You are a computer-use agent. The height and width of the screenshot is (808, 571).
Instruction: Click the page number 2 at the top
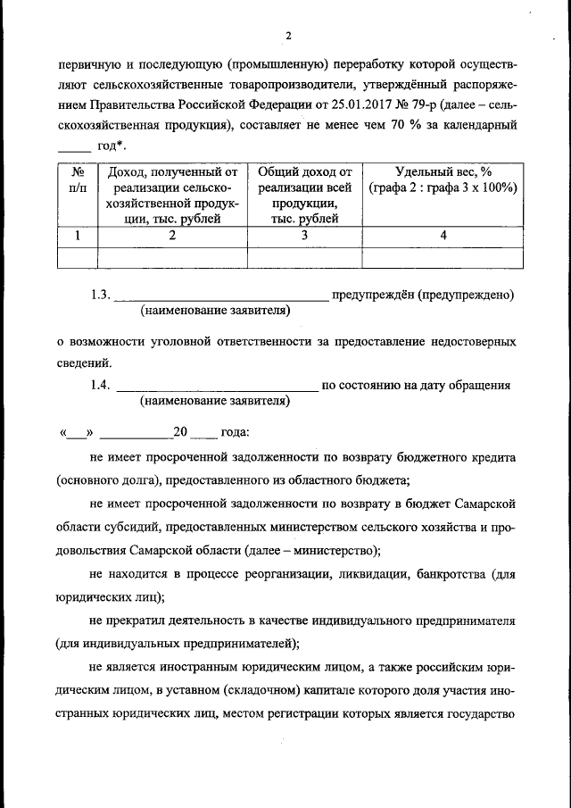[x=288, y=36]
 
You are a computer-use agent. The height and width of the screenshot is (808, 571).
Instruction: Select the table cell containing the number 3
[x=304, y=236]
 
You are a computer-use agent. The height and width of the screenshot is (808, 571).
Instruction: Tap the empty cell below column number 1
[x=77, y=257]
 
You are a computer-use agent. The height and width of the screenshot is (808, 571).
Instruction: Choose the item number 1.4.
[x=99, y=386]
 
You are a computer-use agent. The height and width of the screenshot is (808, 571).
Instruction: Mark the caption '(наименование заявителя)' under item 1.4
[x=215, y=402]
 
